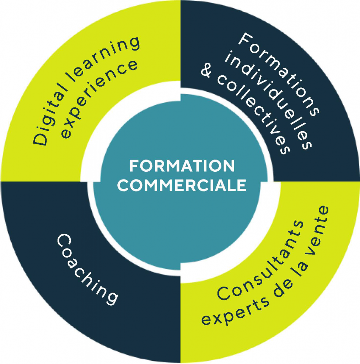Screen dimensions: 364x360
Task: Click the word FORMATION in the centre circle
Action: [182, 166]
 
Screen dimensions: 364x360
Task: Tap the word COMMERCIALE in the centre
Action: [182, 186]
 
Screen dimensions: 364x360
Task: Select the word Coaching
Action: [87, 269]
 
